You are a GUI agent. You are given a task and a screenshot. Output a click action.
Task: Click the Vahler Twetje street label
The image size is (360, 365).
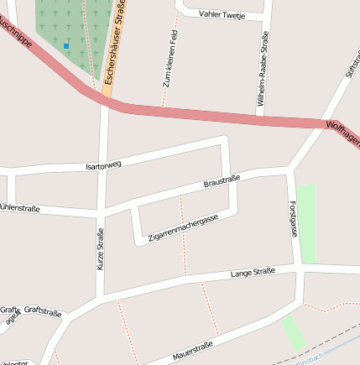222,15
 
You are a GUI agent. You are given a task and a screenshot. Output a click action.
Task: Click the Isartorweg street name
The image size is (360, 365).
103,165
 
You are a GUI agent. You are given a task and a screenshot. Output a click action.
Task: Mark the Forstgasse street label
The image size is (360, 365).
293,218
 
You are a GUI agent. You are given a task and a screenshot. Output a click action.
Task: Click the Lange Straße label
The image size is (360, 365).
253,273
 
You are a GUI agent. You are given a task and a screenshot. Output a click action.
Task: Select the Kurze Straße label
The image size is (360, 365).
101,249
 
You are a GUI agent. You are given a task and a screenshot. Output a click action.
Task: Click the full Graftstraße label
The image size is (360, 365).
43,310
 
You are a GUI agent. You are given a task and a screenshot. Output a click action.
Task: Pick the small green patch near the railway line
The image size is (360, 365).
293,333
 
